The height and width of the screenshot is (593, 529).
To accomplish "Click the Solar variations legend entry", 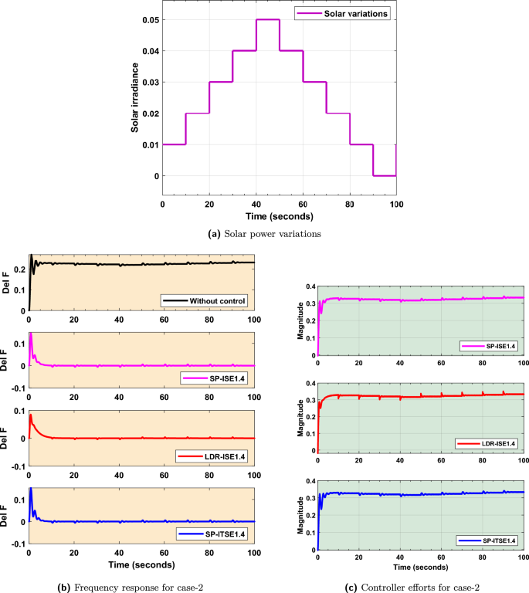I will [x=346, y=14].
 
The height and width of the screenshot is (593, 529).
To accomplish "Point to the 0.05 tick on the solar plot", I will [x=151, y=19].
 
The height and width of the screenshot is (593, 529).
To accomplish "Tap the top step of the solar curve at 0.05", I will [x=267, y=20].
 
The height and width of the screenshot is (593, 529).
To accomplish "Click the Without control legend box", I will [x=205, y=300].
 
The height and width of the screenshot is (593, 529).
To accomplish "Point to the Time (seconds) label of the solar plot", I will [x=279, y=215].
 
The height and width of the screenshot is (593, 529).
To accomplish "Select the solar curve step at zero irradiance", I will [x=384, y=175].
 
